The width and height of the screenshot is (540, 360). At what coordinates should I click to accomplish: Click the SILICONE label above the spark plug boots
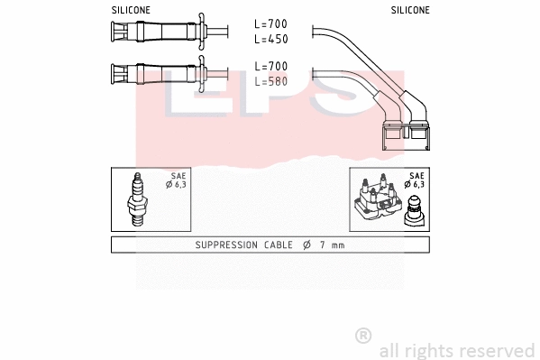tap(131, 10)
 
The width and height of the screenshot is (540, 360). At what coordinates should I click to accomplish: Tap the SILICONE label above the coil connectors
tap(410, 10)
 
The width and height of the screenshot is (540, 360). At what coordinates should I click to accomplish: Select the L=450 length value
tap(270, 40)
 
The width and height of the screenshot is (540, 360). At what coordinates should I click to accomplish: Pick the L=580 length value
tap(270, 81)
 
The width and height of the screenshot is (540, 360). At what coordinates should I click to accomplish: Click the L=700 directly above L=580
tap(270, 67)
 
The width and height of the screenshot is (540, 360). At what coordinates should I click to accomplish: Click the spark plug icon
tap(138, 199)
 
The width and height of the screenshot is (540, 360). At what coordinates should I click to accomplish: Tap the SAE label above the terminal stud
tap(416, 176)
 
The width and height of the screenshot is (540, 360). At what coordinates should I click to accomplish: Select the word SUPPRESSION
tap(228, 245)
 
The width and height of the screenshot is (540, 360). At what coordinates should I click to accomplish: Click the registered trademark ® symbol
tap(363, 336)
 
